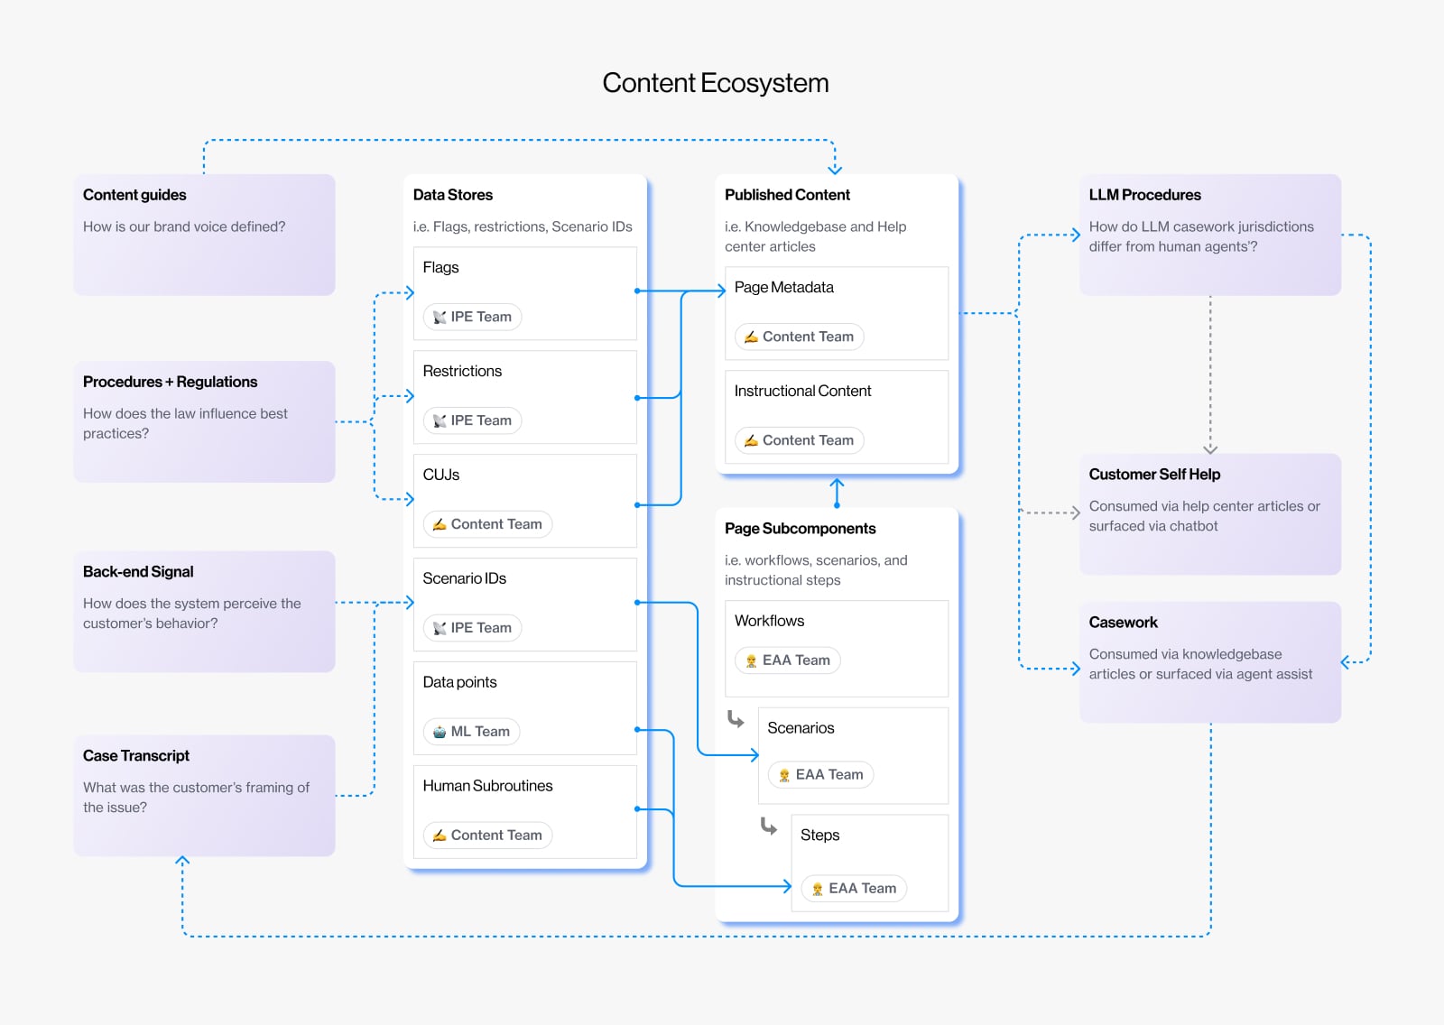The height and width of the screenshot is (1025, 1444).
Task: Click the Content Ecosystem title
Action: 715,83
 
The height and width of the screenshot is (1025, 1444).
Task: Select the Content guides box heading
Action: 134,195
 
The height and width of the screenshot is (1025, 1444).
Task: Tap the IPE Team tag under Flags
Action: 473,317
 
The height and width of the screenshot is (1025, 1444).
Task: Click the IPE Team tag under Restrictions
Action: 473,420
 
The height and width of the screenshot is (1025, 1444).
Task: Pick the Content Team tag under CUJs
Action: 487,524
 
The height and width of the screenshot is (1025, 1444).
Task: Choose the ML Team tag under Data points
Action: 472,732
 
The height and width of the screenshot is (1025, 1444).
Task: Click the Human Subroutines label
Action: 487,786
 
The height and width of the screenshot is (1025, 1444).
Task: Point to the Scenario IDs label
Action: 464,578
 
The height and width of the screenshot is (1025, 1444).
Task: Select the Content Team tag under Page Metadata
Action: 799,337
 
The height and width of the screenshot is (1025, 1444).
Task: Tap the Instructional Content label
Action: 802,391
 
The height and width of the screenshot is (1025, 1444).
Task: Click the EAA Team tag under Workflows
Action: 787,660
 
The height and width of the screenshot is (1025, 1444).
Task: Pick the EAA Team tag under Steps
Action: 854,889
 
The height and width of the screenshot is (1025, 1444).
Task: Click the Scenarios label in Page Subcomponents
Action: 801,728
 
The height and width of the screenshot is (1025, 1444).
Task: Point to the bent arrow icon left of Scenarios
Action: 736,719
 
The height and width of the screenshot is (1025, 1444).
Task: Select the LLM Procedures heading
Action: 1144,195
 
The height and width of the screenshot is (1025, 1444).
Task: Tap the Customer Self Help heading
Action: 1154,475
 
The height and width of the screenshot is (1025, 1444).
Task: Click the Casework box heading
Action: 1123,623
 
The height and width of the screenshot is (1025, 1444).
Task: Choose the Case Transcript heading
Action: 136,756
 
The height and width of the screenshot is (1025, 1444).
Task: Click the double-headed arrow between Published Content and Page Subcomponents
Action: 837,493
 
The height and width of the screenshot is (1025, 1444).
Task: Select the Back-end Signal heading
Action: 138,572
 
